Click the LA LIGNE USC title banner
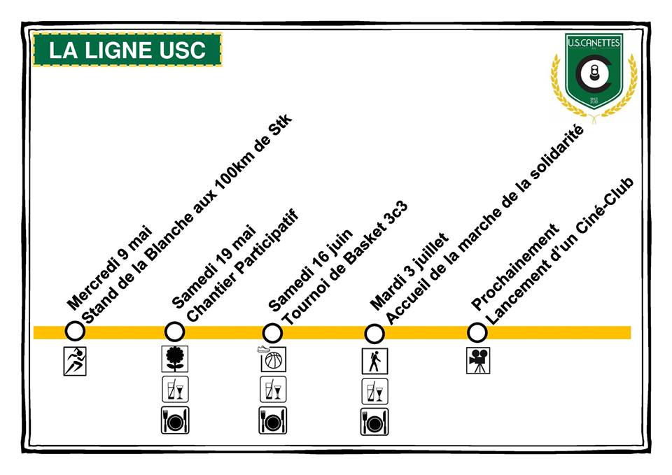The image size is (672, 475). [x=127, y=50]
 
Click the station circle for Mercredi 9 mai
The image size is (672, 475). [x=74, y=331]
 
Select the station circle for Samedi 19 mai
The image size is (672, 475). [x=174, y=331]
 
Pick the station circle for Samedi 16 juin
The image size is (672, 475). [x=272, y=332]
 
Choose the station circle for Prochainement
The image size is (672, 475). [x=477, y=332]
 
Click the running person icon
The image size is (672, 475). [x=74, y=362]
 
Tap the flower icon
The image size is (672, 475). [x=174, y=359]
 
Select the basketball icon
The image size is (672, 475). [x=272, y=360]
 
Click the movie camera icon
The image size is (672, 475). [x=478, y=360]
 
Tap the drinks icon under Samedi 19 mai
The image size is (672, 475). [x=174, y=389]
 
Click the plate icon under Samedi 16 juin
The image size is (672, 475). [x=272, y=420]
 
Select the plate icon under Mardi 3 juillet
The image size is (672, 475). [x=374, y=420]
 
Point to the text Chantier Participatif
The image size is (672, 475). [x=243, y=267]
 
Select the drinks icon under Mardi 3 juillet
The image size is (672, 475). [x=374, y=391]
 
